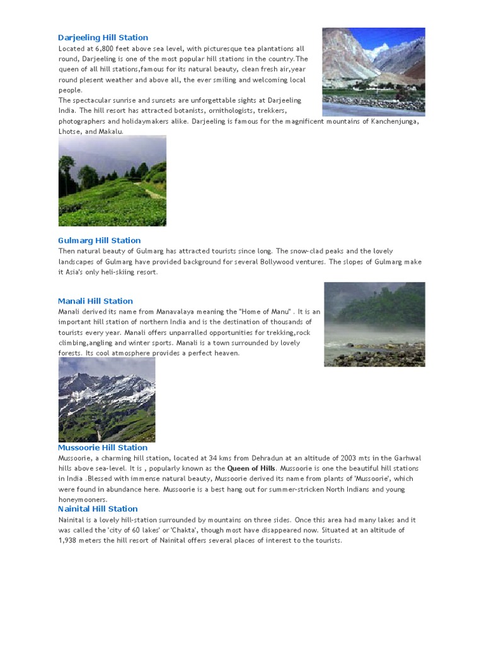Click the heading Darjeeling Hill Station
[x=103, y=38]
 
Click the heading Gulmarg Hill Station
[x=99, y=240]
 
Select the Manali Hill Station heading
[x=95, y=301]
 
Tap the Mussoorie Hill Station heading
[x=103, y=448]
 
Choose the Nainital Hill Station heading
[x=98, y=508]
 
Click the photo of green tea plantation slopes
[x=112, y=181]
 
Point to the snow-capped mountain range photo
[x=107, y=400]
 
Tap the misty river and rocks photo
[x=374, y=324]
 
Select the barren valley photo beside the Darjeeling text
[x=374, y=71]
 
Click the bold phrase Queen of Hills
[x=251, y=469]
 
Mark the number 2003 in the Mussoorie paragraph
[x=349, y=458]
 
